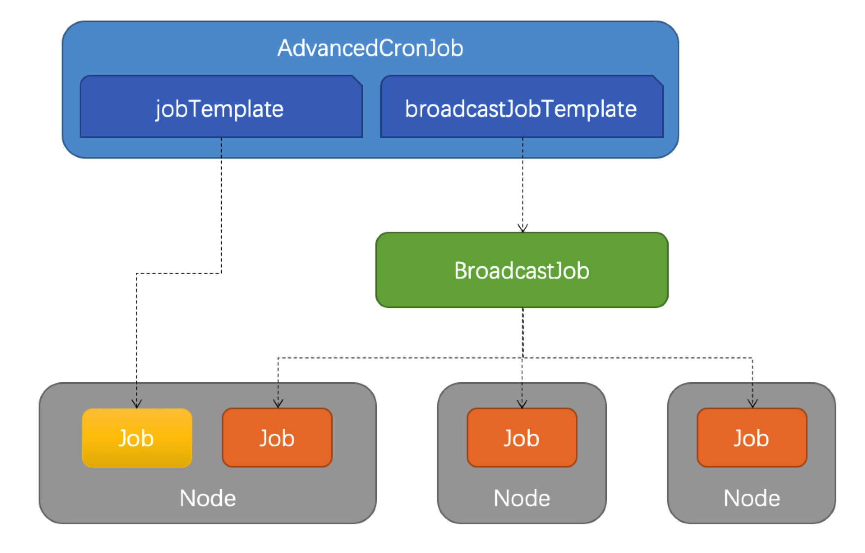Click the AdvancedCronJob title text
(370, 48)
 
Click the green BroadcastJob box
(522, 270)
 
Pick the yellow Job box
(137, 438)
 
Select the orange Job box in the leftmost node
(277, 438)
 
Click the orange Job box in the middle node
(522, 438)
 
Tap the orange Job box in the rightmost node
(752, 438)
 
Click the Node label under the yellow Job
(207, 498)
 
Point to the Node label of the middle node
(522, 498)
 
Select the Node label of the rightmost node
(752, 498)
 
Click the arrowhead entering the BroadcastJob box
(522, 228)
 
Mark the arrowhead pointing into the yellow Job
(137, 404)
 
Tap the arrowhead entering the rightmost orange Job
(752, 404)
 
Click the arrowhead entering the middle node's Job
(522, 404)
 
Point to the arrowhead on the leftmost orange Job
(278, 404)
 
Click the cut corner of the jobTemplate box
(357, 80)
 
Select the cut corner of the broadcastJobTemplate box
(658, 80)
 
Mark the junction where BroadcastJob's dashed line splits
(522, 358)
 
